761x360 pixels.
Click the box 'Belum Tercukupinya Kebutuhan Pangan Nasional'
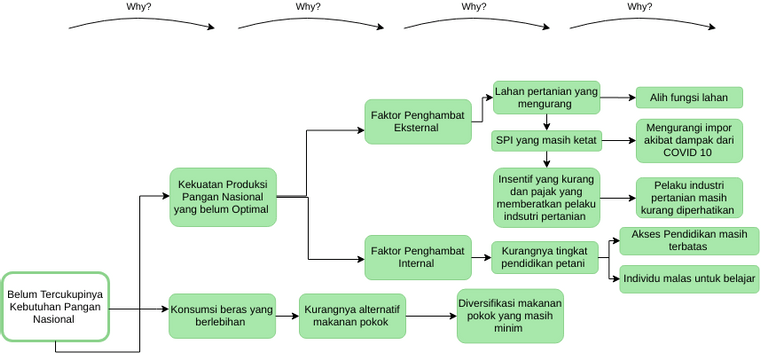55,306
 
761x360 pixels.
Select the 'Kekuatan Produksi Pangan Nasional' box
221,197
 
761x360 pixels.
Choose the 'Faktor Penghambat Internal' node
417,257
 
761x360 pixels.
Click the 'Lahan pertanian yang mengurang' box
546,98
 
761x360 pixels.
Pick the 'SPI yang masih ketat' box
546,141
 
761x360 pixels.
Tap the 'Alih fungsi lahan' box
689,98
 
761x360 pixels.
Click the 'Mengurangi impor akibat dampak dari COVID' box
689,141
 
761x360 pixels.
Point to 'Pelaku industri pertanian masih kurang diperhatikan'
689,197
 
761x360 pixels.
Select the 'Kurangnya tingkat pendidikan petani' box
545,257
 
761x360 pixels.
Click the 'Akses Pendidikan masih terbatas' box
689,241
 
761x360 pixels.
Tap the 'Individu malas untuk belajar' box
689,278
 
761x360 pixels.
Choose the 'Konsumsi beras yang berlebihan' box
221,317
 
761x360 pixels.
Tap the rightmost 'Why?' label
640,7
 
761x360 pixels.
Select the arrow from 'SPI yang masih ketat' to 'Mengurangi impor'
617,141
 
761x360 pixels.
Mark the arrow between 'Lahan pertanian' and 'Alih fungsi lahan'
617,98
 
